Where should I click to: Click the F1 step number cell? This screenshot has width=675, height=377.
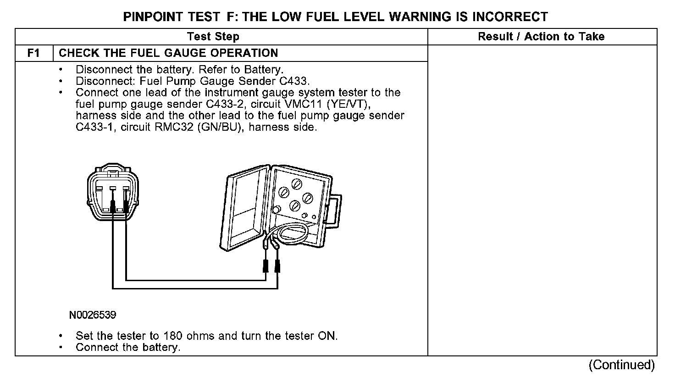[34, 53]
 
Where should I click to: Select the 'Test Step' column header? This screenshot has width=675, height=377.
[213, 37]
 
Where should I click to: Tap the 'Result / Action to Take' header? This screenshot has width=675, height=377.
[541, 37]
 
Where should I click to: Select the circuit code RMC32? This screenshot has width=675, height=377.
[174, 127]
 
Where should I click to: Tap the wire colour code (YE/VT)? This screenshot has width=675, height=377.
[349, 104]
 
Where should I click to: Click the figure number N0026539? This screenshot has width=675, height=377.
[93, 315]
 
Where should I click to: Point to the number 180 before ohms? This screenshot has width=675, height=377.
[173, 336]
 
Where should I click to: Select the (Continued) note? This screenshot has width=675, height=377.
[622, 365]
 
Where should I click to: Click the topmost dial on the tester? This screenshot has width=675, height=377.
[297, 184]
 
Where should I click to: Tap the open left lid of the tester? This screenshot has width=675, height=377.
[244, 208]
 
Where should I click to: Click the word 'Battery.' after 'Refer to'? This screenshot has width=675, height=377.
[264, 70]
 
